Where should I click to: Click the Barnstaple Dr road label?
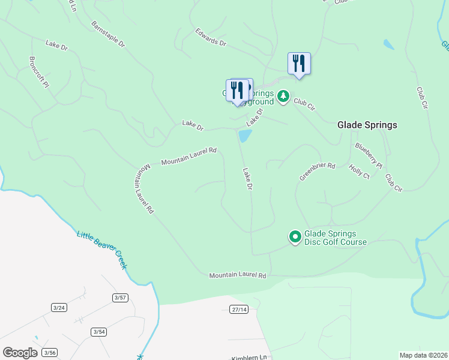[x=108, y=35]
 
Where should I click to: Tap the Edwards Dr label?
[x=211, y=38]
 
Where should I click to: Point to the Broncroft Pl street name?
[x=38, y=73]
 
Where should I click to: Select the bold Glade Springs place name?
[x=367, y=125]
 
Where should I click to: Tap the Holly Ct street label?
[x=359, y=172]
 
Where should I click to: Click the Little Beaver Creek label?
[x=102, y=250]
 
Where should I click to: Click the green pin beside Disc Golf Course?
[x=295, y=237]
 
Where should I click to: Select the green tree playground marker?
[x=283, y=96]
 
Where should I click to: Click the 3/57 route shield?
[x=120, y=298]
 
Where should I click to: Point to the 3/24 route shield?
[x=59, y=307]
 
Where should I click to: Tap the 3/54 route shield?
[x=99, y=332]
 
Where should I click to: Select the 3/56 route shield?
[x=51, y=352]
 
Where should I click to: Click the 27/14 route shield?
[x=238, y=309]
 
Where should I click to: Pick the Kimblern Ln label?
[x=249, y=358]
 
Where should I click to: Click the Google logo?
[x=19, y=353]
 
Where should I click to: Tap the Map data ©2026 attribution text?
[x=423, y=355]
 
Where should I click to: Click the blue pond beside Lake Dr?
[x=244, y=136]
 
